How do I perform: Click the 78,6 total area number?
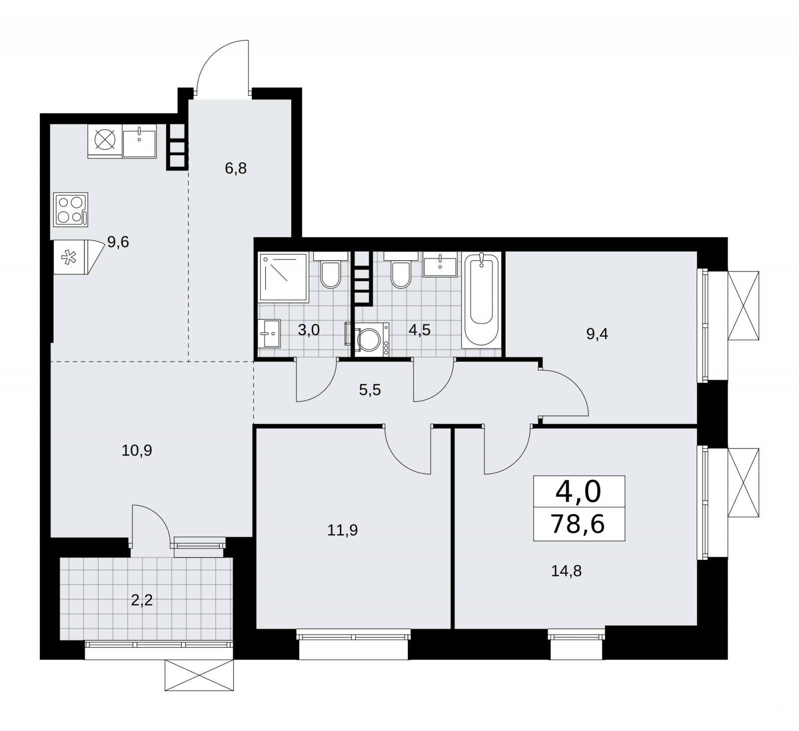[x=578, y=524]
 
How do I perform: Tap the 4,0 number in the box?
[x=578, y=492]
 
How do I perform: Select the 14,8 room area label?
[x=566, y=571]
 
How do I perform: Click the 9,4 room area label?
[x=597, y=334]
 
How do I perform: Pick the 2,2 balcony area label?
[x=141, y=600]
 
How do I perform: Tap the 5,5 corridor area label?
[x=370, y=389]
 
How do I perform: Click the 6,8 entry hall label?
[x=236, y=168]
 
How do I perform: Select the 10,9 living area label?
[x=137, y=451]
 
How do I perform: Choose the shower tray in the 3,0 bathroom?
[x=283, y=277]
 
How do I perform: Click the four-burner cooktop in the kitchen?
[x=71, y=209]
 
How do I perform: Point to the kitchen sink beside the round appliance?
[x=139, y=141]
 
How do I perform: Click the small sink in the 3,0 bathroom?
[x=270, y=334]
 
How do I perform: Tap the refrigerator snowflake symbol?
[x=65, y=258]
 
